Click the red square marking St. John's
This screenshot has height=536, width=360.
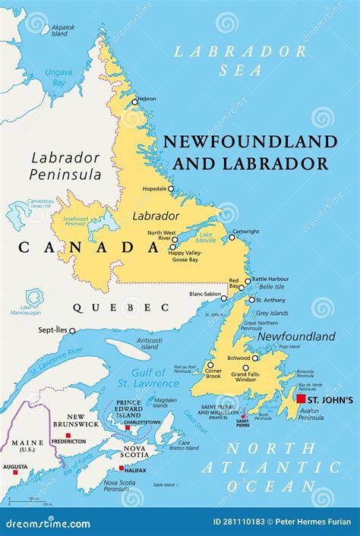pos(302,399)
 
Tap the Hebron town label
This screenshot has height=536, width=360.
pos(148,99)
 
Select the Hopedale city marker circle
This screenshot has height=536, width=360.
pos(171,189)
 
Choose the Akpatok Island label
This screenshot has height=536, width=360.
pos(62,30)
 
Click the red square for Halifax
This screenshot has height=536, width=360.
pos(122,468)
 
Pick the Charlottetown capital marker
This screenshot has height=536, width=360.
pos(128,427)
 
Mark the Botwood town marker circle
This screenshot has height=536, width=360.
pos(255,358)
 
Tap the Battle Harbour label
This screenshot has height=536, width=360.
pos(270,280)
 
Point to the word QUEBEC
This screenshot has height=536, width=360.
pos(121,307)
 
